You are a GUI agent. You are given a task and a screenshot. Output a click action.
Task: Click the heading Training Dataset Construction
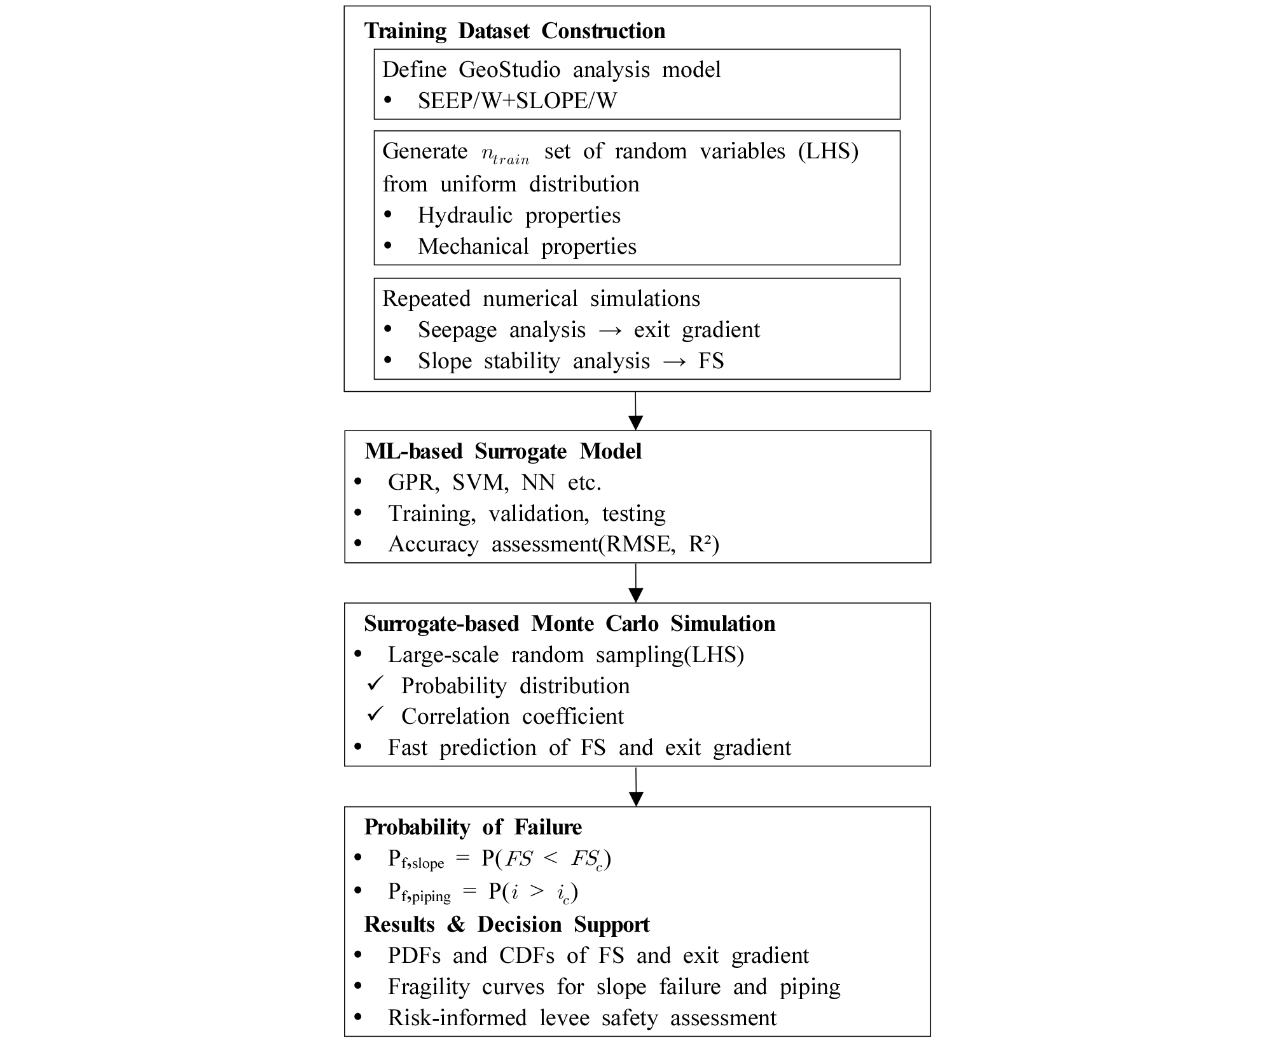(514, 31)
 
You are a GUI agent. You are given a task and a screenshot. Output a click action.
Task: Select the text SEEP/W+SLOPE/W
(517, 100)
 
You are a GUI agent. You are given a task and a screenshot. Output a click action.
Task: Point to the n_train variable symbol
(506, 154)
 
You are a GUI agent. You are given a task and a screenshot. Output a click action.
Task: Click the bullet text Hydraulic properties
(519, 215)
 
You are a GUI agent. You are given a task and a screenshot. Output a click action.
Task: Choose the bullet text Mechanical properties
(527, 246)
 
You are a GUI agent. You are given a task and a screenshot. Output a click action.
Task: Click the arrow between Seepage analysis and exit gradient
(609, 330)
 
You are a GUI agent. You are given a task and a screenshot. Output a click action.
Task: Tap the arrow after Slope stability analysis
(673, 361)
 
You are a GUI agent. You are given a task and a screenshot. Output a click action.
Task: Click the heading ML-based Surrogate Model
(503, 451)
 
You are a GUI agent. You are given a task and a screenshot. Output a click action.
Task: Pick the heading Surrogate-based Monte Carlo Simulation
(569, 623)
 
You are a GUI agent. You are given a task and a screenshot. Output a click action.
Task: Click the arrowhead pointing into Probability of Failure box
(635, 798)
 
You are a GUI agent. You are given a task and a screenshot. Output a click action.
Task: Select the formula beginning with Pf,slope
(499, 859)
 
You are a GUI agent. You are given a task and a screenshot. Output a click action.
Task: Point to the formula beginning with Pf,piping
(483, 892)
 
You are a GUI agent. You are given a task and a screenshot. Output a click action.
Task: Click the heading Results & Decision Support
(507, 924)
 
